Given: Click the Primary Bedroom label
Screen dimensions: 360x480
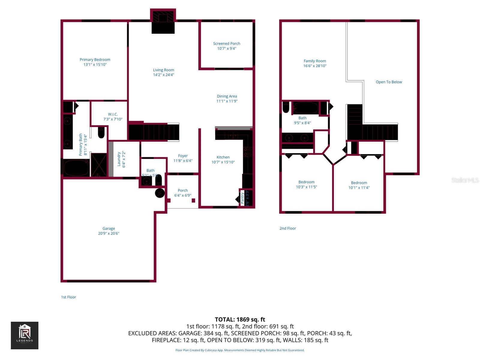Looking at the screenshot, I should click(x=95, y=60).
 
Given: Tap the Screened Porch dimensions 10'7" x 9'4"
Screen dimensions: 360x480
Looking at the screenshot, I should click(x=226, y=49).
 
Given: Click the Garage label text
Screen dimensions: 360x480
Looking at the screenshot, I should click(x=109, y=229).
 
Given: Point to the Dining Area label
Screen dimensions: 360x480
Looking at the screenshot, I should click(x=227, y=96).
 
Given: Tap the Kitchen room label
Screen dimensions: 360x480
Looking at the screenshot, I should click(x=223, y=157).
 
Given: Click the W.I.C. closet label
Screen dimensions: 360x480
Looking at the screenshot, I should click(x=113, y=114).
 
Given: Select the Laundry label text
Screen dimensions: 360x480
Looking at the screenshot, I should click(x=119, y=159).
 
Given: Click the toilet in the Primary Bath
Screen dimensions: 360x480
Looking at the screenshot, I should click(x=101, y=133).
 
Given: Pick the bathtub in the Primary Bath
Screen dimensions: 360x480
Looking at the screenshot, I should click(x=76, y=168).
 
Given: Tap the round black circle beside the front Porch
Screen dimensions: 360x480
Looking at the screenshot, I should click(x=160, y=193).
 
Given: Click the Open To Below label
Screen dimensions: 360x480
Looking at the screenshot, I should click(x=389, y=82).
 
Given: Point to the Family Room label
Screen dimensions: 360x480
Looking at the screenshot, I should click(x=315, y=61).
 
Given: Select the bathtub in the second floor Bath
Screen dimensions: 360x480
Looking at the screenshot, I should click(x=305, y=108).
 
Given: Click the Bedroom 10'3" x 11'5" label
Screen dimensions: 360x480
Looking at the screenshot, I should click(x=306, y=182).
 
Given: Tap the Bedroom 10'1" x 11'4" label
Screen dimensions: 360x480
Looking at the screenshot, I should click(x=359, y=183).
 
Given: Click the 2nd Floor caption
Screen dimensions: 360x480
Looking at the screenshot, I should click(x=288, y=228).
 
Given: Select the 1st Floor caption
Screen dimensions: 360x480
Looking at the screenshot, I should click(x=68, y=297).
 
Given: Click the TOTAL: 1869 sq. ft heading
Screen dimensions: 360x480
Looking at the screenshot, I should click(x=240, y=319).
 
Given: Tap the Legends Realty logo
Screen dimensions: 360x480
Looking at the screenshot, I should click(x=25, y=335).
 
